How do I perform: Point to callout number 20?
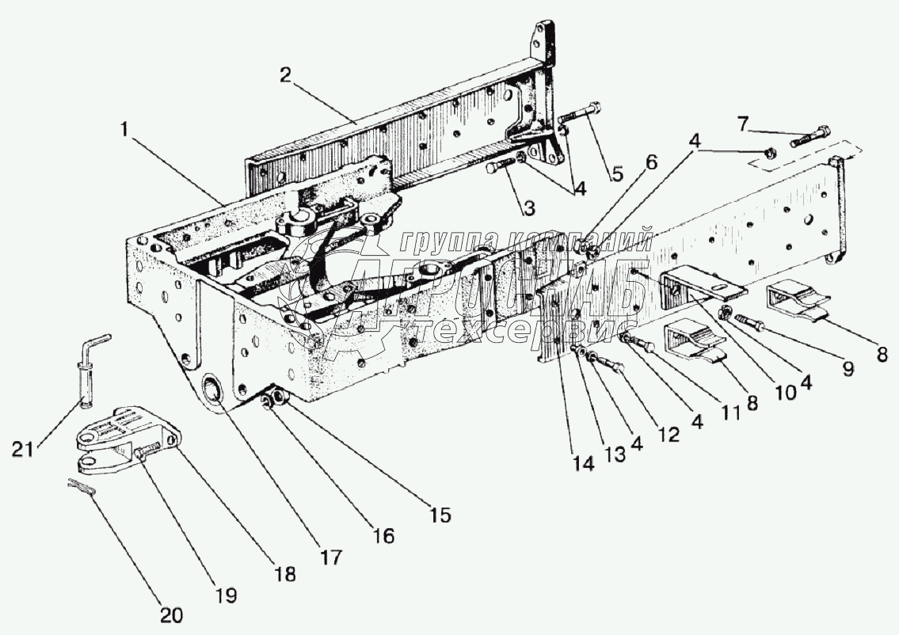coord(172,614)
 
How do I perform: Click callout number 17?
coord(330,556)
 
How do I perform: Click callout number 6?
coord(651,162)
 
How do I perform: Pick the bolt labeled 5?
coord(581,115)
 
